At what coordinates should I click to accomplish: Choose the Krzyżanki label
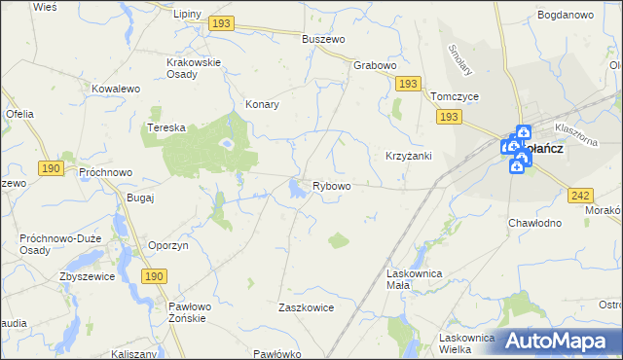point(408,156)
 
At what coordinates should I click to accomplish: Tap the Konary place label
point(263,104)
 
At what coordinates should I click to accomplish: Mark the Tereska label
point(165,127)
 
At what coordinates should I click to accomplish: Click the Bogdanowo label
point(565,15)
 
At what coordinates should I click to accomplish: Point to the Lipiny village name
point(187,15)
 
